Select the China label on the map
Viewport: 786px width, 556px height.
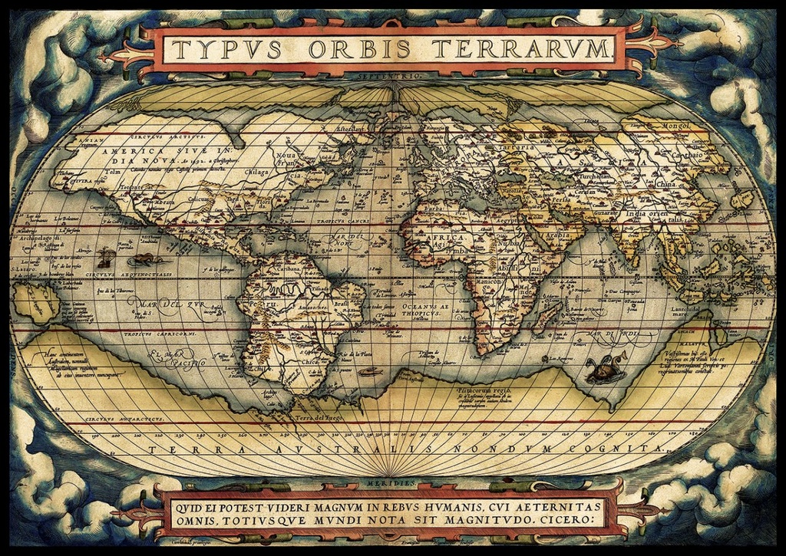pos(666,185)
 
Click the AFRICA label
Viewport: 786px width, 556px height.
pos(427,237)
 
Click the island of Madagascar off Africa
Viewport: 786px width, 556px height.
pos(547,316)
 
